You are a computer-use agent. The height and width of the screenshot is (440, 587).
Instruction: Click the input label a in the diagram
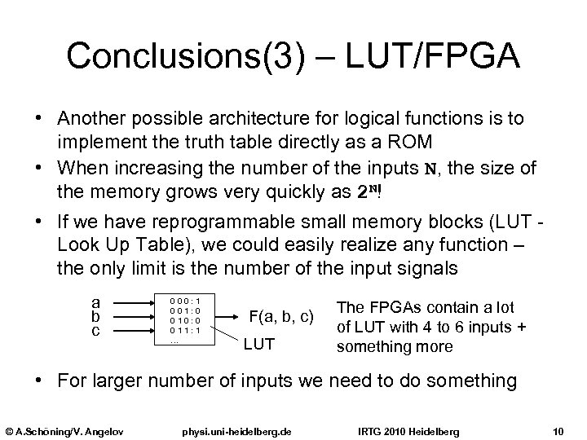tap(96, 301)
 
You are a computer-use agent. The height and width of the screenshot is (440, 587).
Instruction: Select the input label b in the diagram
tap(96, 316)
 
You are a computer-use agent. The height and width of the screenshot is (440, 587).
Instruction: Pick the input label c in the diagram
tap(96, 331)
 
